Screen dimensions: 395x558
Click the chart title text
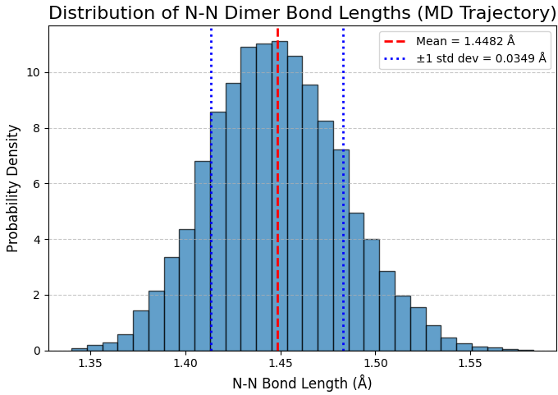(302, 13)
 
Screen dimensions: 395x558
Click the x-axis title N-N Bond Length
(302, 384)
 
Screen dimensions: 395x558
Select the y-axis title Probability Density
(13, 188)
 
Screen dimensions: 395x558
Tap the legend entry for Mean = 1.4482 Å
(464, 41)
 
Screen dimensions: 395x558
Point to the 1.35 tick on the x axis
(90, 362)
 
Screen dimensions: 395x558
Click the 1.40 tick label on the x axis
(185, 362)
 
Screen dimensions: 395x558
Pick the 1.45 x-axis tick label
(281, 362)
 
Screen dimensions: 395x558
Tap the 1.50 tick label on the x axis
(376, 362)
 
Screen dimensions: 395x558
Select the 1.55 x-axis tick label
(470, 362)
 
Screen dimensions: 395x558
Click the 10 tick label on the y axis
(33, 72)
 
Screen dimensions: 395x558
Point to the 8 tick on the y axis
(36, 128)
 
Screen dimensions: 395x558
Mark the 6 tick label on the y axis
(36, 184)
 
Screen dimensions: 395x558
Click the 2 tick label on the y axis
(36, 295)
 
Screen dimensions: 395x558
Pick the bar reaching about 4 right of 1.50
(372, 296)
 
